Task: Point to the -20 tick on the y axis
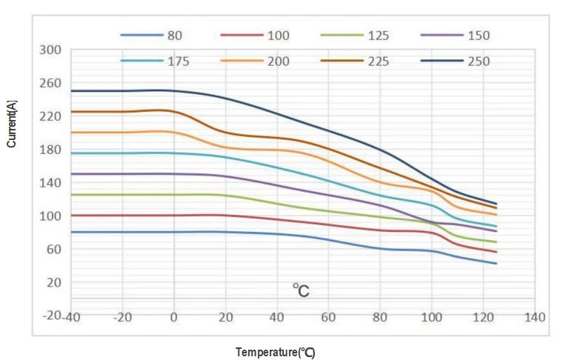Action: (52, 316)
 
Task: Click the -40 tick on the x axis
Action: (71, 318)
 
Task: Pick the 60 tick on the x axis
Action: (328, 318)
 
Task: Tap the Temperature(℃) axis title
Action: (276, 353)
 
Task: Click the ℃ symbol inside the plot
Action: (300, 290)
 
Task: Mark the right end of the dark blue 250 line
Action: (496, 204)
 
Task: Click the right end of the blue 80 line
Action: (496, 263)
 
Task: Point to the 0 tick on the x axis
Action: (174, 318)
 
